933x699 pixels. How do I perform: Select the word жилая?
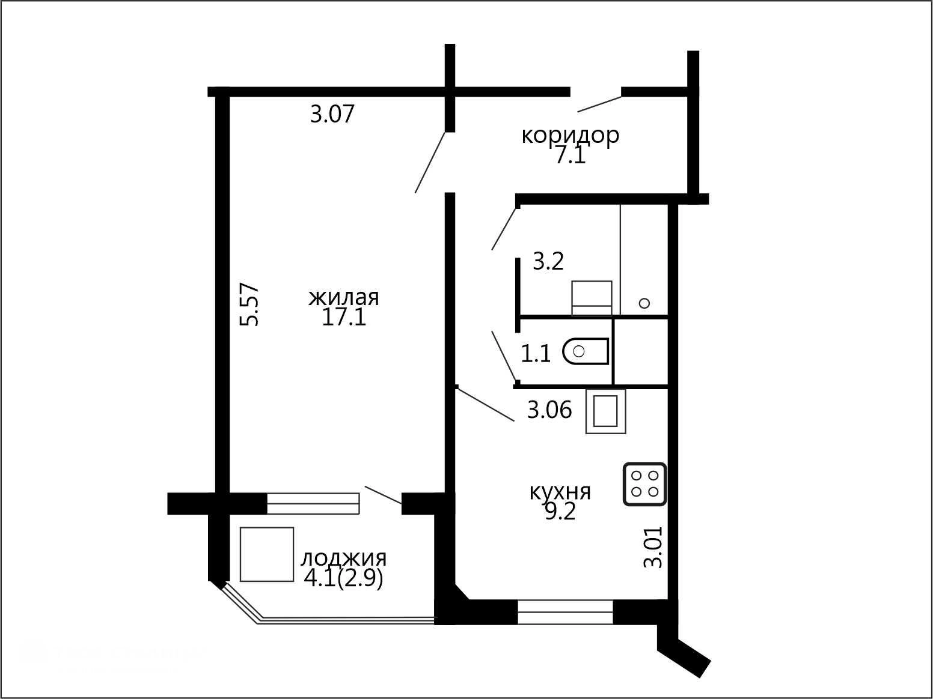[x=343, y=298]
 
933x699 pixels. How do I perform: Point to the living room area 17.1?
[x=344, y=317]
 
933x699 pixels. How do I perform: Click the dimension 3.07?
[x=332, y=114]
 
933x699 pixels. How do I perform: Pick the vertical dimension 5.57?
[x=249, y=304]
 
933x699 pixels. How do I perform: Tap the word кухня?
[x=560, y=493]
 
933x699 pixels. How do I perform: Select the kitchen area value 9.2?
[x=560, y=512]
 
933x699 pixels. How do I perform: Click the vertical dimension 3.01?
[x=653, y=548]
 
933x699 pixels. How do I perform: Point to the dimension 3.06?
[x=549, y=410]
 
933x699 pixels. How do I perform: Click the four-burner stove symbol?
[x=645, y=484]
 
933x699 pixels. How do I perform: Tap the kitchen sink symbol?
[x=606, y=411]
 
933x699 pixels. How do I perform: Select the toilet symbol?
[x=586, y=351]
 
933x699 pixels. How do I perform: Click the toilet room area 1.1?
[x=536, y=354]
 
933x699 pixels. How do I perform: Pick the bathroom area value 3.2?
[x=548, y=261]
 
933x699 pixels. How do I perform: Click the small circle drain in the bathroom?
[x=644, y=303]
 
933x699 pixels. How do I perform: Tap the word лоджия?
[x=343, y=559]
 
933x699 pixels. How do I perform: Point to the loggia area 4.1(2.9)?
[x=343, y=578]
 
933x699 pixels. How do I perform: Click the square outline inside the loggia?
[x=267, y=554]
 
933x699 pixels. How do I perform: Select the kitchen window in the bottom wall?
[x=565, y=612]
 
